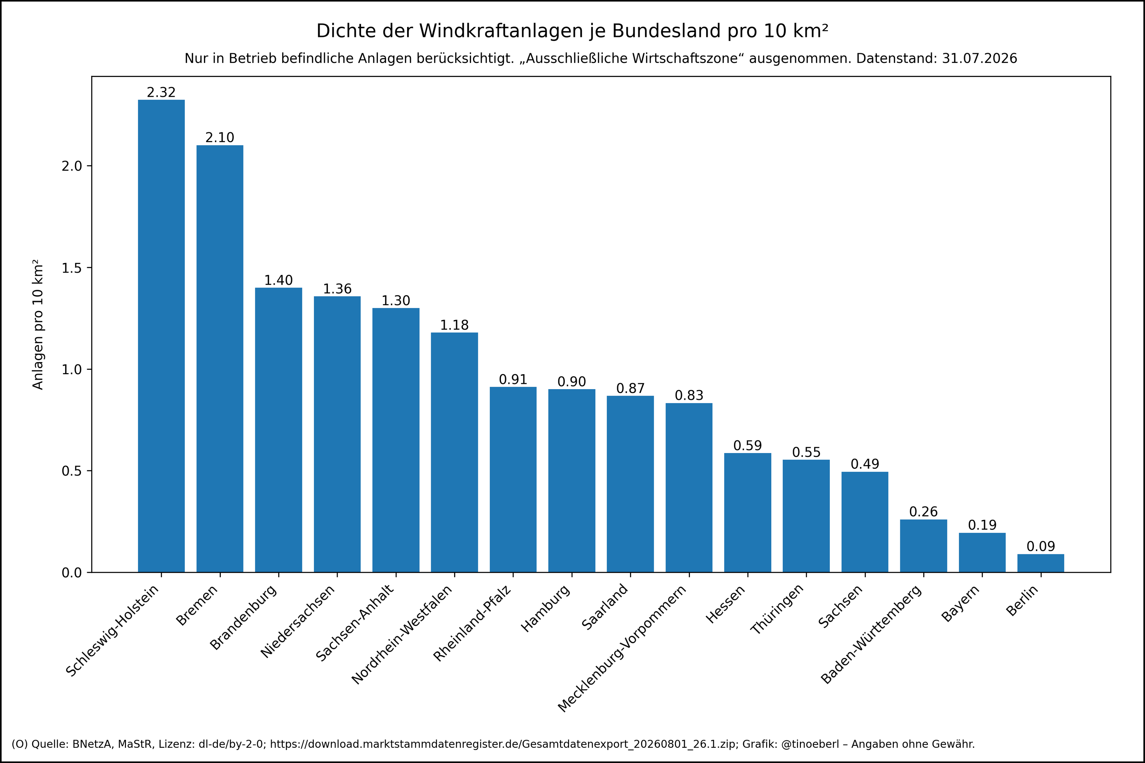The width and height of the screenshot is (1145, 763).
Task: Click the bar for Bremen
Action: (x=220, y=359)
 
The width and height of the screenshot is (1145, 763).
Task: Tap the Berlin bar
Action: (x=1040, y=563)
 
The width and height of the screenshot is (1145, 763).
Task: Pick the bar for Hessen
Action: (x=747, y=512)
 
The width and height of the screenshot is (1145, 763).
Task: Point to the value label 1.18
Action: (x=454, y=325)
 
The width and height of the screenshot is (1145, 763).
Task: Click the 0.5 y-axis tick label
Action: (x=71, y=471)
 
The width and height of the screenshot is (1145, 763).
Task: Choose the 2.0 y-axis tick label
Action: (x=71, y=166)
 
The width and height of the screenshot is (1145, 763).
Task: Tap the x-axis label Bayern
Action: (x=961, y=603)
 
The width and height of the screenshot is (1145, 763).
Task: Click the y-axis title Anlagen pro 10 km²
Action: (x=38, y=325)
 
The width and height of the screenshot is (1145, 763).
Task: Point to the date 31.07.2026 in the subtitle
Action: (x=979, y=58)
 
